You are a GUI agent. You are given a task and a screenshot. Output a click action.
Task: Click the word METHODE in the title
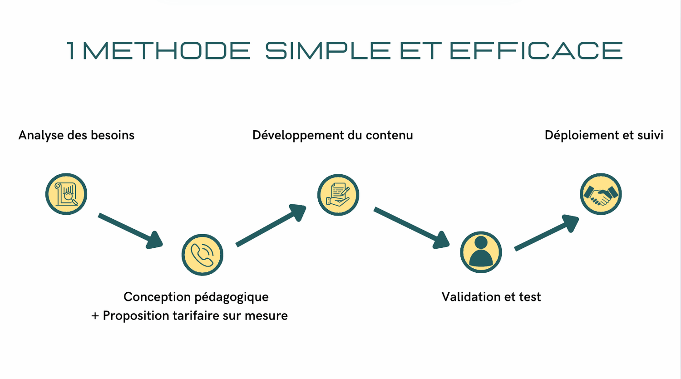[166, 50]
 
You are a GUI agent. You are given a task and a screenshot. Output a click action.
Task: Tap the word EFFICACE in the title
[536, 50]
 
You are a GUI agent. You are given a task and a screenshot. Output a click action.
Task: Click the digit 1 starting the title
[71, 50]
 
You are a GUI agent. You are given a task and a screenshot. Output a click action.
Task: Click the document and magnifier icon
[66, 194]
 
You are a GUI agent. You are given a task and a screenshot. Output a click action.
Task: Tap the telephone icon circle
[202, 255]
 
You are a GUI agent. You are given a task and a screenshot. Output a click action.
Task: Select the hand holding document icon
[338, 195]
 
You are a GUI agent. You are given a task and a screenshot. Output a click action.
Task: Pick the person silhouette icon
[481, 252]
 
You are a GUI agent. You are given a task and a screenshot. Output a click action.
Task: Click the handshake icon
[601, 194]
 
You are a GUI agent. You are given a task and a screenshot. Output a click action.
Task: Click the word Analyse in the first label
[41, 135]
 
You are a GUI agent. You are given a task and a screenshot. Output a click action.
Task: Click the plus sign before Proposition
[95, 316]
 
